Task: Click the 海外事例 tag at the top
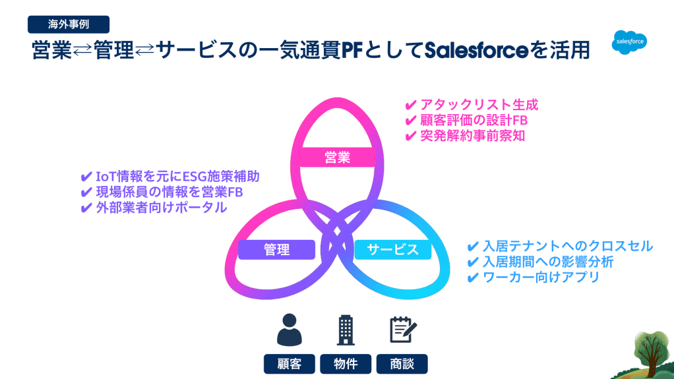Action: (69, 24)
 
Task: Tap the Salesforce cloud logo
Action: (629, 42)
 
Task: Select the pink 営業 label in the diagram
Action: (338, 158)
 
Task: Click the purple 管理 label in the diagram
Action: (276, 250)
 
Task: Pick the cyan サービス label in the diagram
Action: (393, 250)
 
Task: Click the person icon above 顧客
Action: (290, 330)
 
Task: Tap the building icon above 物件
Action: (346, 330)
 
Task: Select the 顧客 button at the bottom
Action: (290, 364)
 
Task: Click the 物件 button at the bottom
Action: (346, 364)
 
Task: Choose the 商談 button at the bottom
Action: (402, 364)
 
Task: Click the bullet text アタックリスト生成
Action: (479, 105)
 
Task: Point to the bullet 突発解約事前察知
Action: (472, 136)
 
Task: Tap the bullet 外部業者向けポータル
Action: (161, 208)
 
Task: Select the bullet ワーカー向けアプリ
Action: (541, 277)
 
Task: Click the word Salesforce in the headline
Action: (476, 50)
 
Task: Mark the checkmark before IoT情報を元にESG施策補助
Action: (86, 177)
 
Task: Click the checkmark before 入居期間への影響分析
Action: (473, 262)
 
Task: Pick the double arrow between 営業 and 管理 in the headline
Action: (82, 51)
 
